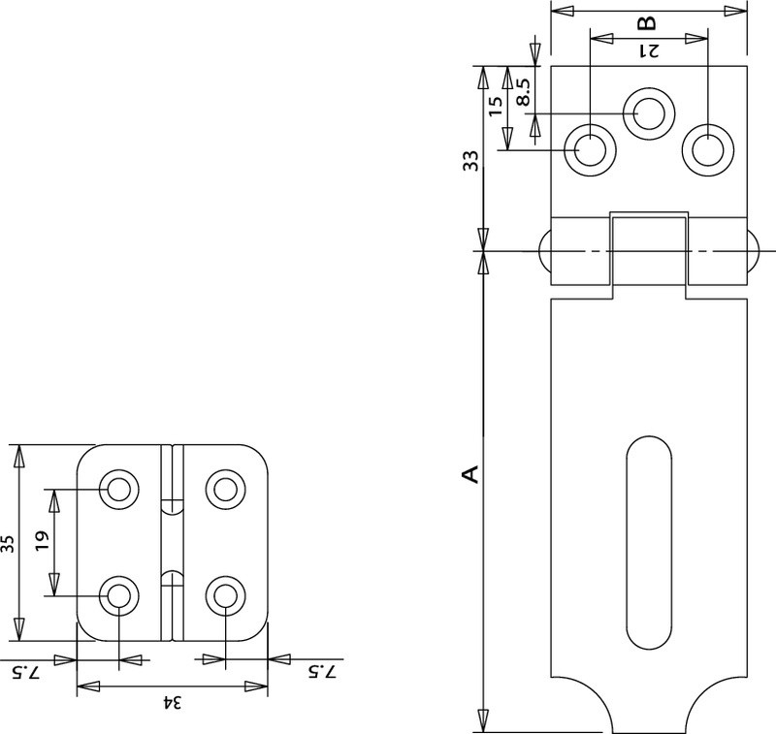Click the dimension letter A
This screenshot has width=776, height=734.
pos(469,473)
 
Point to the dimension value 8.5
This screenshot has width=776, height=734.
pos(523,90)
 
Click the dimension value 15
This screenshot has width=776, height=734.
pos(496,107)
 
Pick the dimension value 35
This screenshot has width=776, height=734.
pos(8,544)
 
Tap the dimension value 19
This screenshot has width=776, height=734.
pos(42,542)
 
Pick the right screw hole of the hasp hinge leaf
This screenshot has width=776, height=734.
pos(707,150)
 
